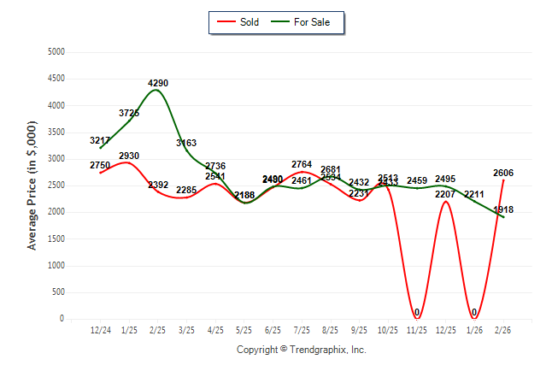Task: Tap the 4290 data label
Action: click(158, 83)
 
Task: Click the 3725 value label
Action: click(129, 113)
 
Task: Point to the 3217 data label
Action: click(100, 139)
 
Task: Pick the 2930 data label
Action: click(129, 156)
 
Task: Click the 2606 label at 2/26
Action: click(503, 173)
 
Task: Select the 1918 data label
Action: click(503, 209)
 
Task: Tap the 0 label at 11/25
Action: click(417, 312)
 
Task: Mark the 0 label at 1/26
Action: click(474, 312)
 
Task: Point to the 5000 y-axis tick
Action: click(56, 52)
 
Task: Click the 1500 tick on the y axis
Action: click(56, 238)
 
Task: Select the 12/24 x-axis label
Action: click(100, 330)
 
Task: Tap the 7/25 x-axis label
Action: click(302, 330)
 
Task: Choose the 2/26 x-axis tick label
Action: click(503, 330)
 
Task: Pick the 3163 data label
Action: click(187, 143)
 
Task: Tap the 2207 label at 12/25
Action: click(445, 194)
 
